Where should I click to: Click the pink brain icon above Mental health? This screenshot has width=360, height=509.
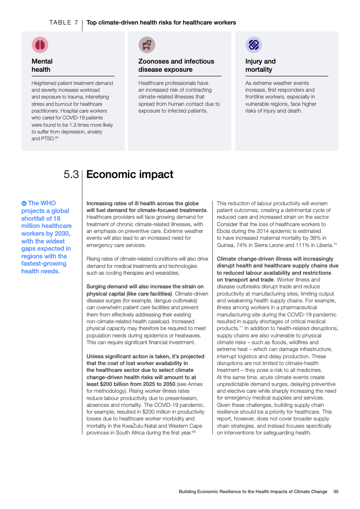tap(40, 44)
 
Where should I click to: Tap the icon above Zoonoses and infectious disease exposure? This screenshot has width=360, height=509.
tap(147, 44)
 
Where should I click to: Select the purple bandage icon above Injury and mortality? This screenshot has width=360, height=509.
tap(253, 44)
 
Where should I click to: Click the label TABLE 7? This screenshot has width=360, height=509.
tap(64, 22)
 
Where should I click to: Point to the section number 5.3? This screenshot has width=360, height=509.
tap(71, 174)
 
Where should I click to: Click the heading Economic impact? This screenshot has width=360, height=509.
tap(130, 174)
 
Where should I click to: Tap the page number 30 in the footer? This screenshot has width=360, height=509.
tap(336, 491)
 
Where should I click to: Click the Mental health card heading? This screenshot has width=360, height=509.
tap(42, 65)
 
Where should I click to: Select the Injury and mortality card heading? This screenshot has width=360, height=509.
tap(260, 65)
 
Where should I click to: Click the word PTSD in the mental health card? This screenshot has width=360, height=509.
tap(47, 139)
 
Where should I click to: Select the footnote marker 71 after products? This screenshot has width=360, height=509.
tap(241, 327)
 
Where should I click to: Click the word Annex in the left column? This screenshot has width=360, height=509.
tap(196, 384)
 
